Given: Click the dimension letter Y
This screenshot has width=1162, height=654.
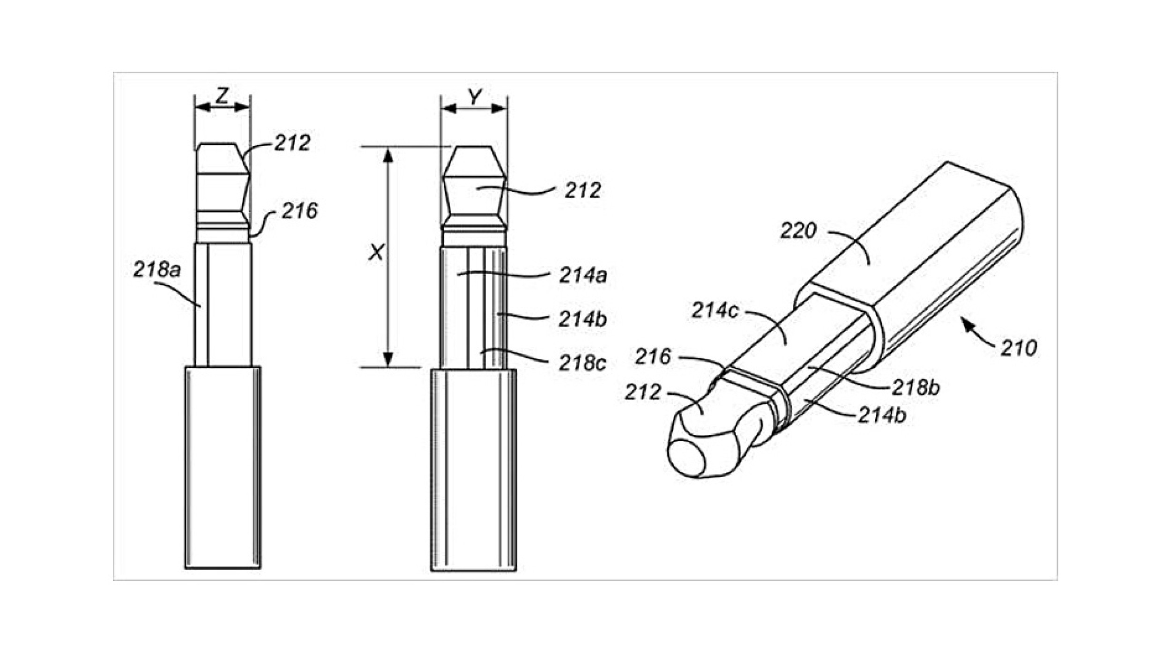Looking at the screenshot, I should (475, 97).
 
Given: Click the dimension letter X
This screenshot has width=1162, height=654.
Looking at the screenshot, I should (376, 253).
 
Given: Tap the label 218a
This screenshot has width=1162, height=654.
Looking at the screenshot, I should (156, 270).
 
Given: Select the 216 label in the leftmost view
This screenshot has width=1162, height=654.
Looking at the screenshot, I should (299, 211).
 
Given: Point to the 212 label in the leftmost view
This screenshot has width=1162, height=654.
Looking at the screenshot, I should (292, 143).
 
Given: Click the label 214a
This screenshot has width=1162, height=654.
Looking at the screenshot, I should (583, 275).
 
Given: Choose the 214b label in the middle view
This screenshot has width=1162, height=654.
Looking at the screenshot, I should (582, 320).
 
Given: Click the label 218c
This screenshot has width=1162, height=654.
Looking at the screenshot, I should (582, 363).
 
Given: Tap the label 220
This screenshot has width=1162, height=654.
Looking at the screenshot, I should (798, 230).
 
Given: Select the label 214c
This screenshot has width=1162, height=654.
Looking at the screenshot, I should (715, 311).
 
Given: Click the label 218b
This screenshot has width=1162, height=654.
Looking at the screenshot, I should (916, 387).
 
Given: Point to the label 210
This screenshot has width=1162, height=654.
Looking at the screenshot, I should (1019, 348).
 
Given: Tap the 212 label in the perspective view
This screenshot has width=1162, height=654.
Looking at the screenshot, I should (642, 392).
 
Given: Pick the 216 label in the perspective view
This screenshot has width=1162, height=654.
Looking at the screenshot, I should (653, 357).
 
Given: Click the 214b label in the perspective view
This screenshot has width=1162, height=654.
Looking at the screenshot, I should (881, 415).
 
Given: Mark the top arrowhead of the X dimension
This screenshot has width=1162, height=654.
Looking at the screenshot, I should (388, 155).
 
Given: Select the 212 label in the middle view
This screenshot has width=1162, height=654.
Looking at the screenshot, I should (582, 190).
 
